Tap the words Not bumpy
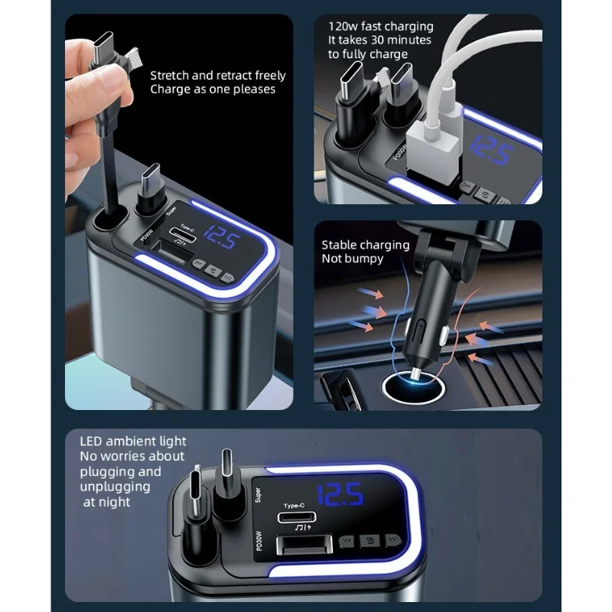[x=353, y=259]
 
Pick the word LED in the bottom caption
[x=93, y=441]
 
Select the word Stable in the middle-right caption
[x=340, y=245]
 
